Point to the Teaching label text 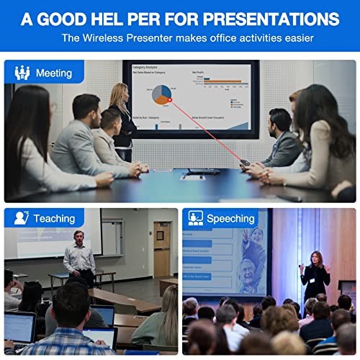54,218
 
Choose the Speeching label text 230,218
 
